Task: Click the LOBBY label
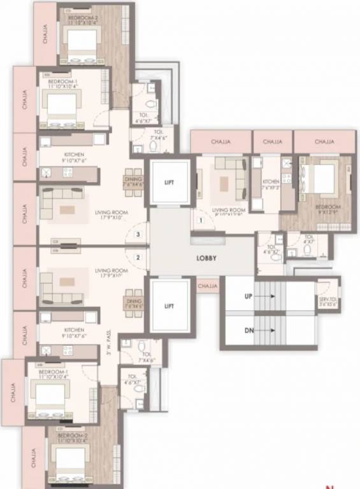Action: (x=206, y=258)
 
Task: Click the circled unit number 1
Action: (x=201, y=220)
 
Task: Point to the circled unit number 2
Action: (x=137, y=258)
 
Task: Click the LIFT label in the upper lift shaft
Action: (x=169, y=181)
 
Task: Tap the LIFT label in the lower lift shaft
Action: (x=169, y=306)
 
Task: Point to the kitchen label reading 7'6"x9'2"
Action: (x=271, y=185)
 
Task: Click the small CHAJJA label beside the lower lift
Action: (x=208, y=287)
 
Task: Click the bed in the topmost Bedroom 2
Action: (x=81, y=43)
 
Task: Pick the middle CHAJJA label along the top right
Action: (x=273, y=141)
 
